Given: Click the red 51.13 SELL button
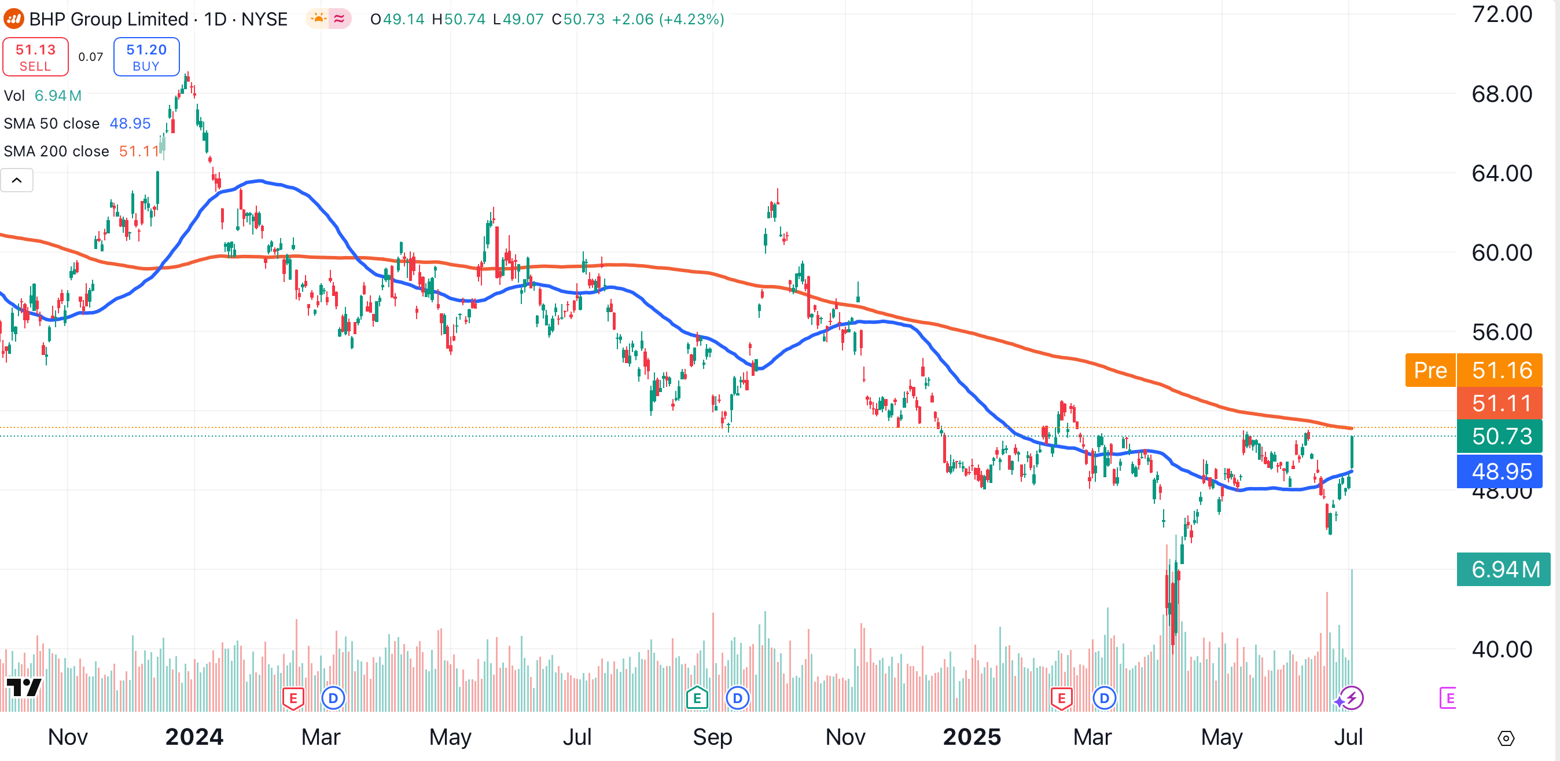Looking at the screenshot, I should [x=35, y=57].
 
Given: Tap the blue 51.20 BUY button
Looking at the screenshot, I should [x=146, y=57].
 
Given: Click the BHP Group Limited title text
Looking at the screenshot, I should [x=108, y=19].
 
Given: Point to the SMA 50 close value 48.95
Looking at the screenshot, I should [x=130, y=123].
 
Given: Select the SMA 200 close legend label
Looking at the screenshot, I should [x=56, y=152].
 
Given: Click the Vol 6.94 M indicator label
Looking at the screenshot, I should [x=42, y=96].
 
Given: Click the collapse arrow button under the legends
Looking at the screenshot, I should [x=17, y=180].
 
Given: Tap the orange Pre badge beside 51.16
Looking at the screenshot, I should [x=1430, y=370].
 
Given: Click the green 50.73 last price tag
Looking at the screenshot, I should [x=1501, y=436].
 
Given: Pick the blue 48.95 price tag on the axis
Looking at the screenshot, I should [x=1501, y=471].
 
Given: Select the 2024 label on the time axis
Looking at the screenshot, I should [x=194, y=737].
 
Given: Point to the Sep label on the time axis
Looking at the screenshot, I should [x=712, y=737].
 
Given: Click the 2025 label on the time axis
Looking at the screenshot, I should [x=972, y=737].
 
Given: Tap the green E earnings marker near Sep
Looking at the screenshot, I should [x=697, y=698].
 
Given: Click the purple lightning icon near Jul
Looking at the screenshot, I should [x=1352, y=698].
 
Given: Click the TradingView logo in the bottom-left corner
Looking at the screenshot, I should [x=24, y=687].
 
